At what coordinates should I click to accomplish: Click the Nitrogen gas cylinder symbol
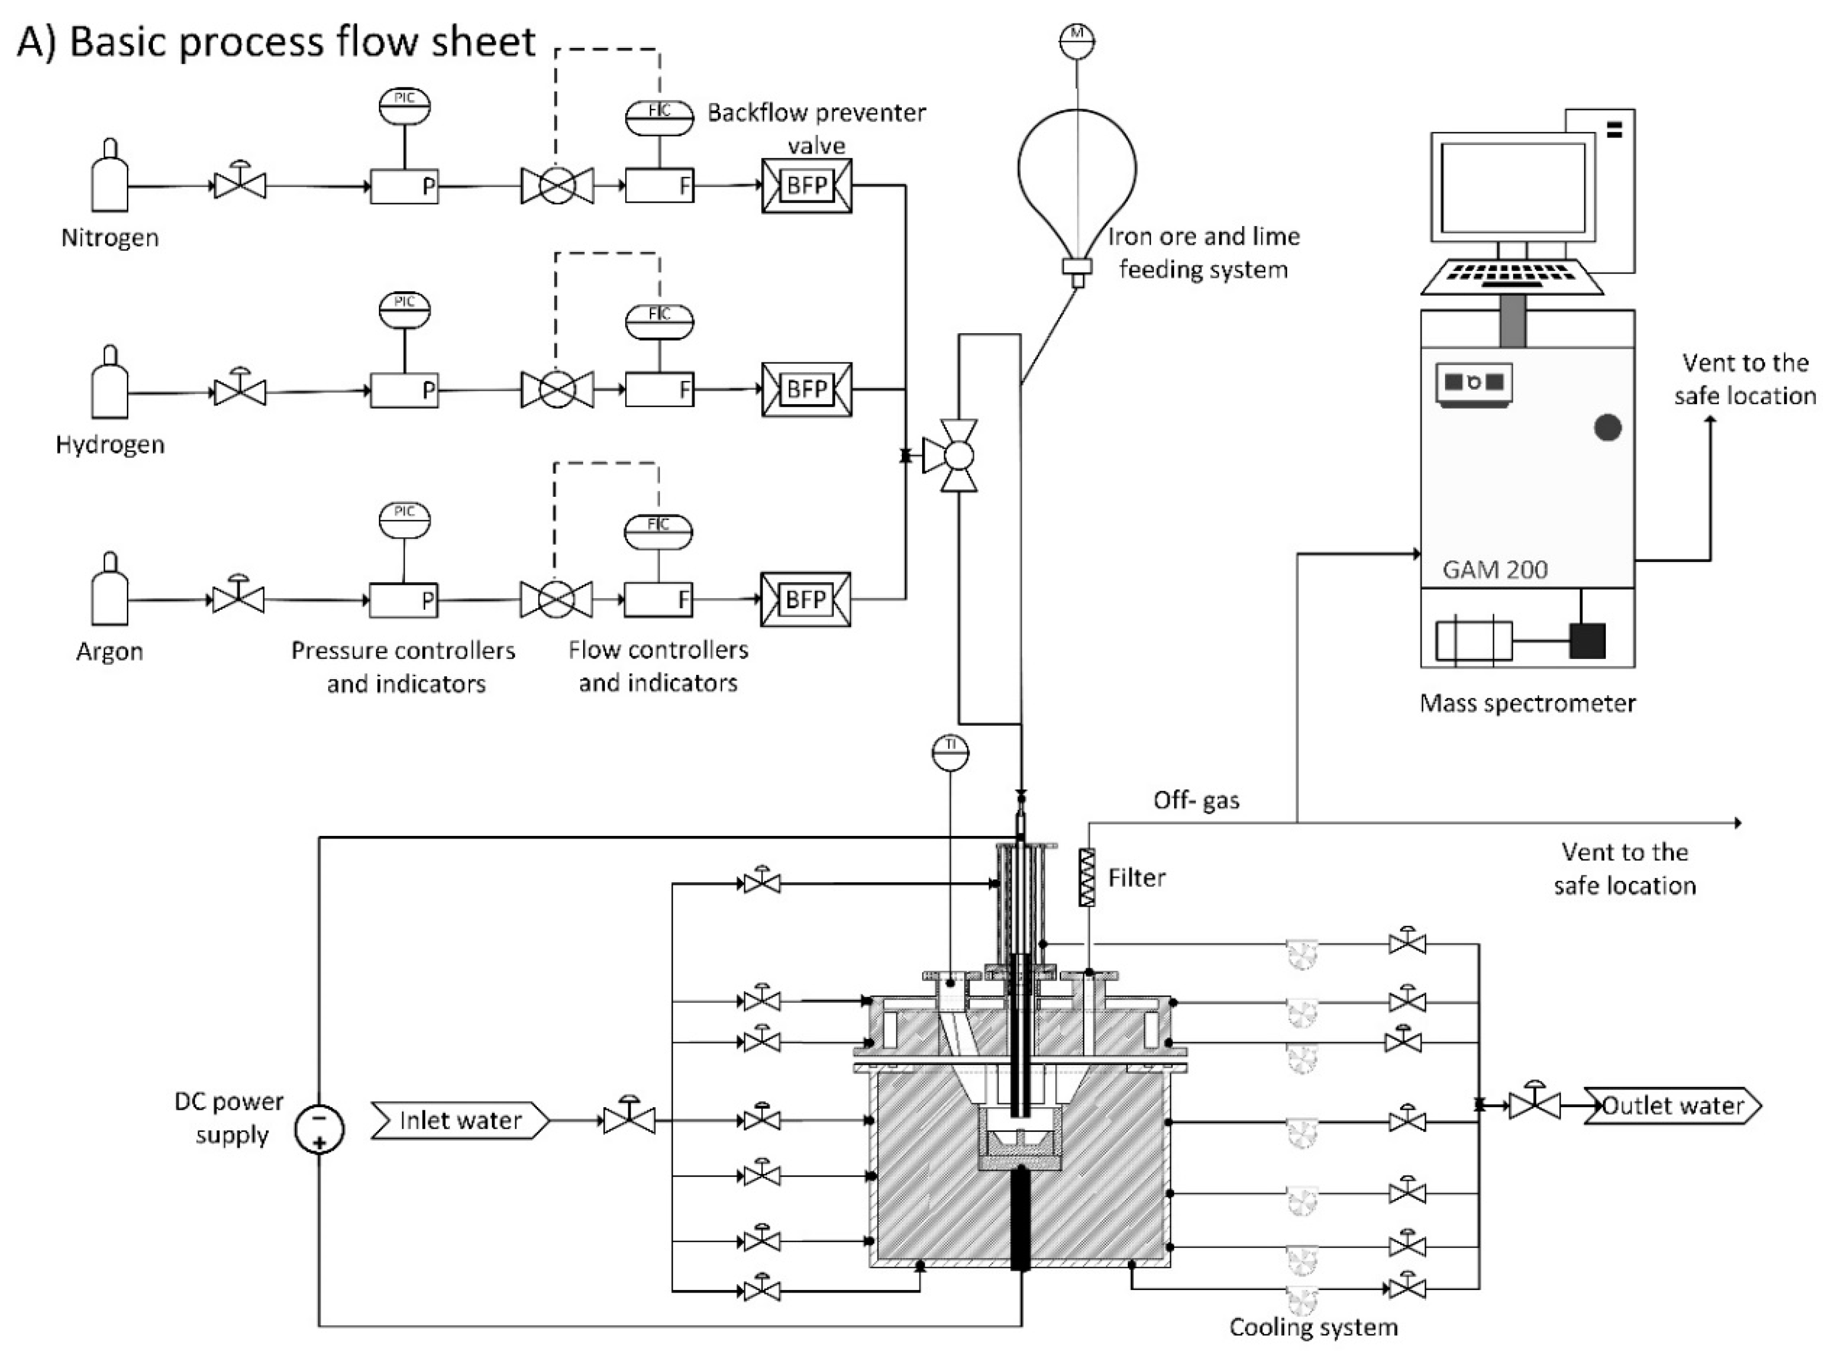point(110,176)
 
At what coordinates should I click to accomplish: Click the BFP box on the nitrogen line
point(806,186)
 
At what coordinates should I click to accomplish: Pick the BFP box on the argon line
point(806,599)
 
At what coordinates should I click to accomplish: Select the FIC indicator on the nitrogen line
point(659,117)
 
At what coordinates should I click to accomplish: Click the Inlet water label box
point(459,1121)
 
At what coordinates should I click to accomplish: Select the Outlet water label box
point(1673,1106)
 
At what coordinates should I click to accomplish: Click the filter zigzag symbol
point(1087,877)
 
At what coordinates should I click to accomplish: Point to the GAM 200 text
point(1495,569)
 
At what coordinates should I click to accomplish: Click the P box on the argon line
point(403,600)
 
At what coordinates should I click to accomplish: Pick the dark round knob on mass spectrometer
point(1608,428)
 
